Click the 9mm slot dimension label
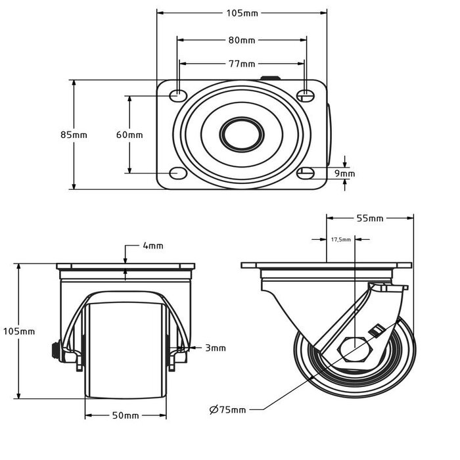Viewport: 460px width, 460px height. [x=345, y=173]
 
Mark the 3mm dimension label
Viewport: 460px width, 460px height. [x=215, y=348]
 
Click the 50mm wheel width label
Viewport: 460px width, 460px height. [x=125, y=415]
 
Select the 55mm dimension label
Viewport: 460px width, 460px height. [x=370, y=218]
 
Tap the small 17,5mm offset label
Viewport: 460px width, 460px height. [x=340, y=240]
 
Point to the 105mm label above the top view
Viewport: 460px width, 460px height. [x=242, y=13]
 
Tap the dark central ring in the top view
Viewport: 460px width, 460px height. [x=241, y=134]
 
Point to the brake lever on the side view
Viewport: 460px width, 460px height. [x=390, y=287]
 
